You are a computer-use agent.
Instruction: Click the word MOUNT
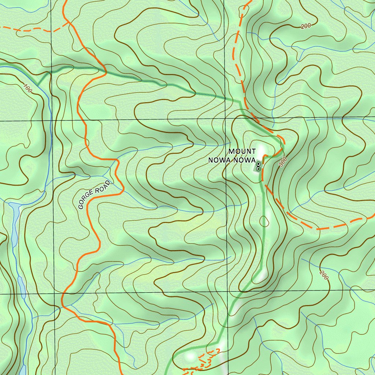click(242, 151)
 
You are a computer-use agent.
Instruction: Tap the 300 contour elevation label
click(282, 162)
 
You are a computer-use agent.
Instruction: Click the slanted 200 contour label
click(324, 275)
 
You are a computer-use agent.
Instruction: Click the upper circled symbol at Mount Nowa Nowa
click(258, 164)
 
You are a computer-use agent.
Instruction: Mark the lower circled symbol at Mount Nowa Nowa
click(258, 169)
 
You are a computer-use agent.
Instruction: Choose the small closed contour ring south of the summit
click(264, 221)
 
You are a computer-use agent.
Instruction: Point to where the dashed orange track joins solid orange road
click(68, 22)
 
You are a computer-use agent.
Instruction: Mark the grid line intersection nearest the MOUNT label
click(224, 119)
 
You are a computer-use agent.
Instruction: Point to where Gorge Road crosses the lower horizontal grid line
click(63, 294)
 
